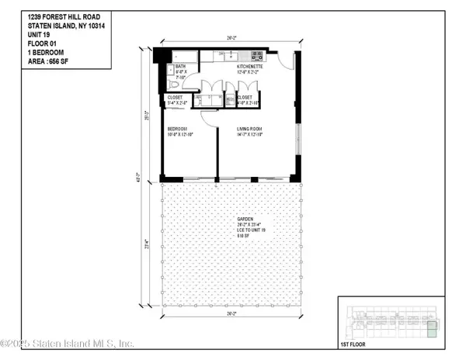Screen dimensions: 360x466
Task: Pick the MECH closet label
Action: [x=230, y=99]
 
